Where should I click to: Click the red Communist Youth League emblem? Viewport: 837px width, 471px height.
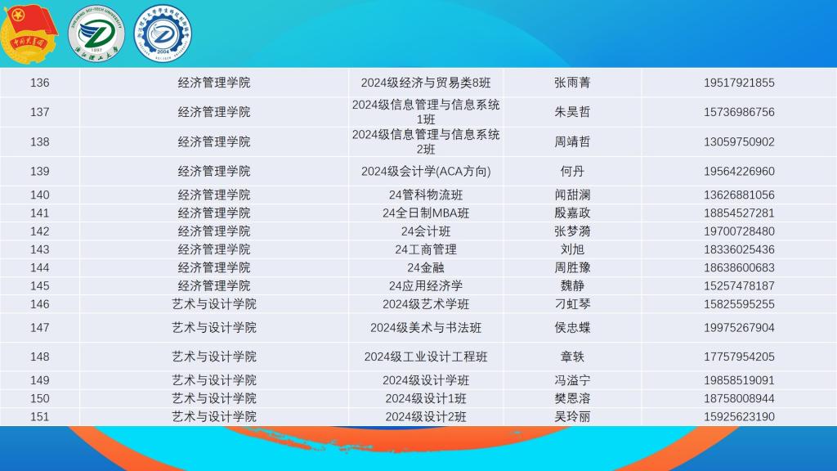coord(29,33)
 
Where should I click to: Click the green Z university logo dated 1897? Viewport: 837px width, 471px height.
coord(96,34)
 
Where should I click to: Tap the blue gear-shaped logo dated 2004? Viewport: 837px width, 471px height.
coord(163,34)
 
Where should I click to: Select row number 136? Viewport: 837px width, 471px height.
coord(39,83)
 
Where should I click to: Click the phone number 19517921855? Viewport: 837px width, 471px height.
coord(739,83)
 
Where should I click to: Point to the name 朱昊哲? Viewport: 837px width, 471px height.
coord(572,111)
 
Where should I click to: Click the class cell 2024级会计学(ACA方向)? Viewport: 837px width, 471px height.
coord(426,172)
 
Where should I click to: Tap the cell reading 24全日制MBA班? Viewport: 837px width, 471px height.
coord(426,213)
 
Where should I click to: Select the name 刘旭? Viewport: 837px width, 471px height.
coord(572,249)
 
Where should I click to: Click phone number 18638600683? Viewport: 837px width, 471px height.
coord(739,267)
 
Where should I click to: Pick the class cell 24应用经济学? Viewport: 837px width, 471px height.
coord(426,285)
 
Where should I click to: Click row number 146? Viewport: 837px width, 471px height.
coord(39,304)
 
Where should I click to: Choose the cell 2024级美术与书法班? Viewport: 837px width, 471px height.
coord(426,327)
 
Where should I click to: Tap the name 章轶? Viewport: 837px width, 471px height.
coord(572,357)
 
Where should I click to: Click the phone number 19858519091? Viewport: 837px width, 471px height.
coord(739,380)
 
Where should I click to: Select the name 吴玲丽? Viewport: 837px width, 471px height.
coord(572,416)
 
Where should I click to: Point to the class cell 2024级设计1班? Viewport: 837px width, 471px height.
coord(426,398)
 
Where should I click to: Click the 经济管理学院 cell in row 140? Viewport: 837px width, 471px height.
coord(214,195)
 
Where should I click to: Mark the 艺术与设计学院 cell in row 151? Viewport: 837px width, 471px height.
coord(214,416)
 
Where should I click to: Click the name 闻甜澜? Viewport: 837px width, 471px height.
coord(572,195)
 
